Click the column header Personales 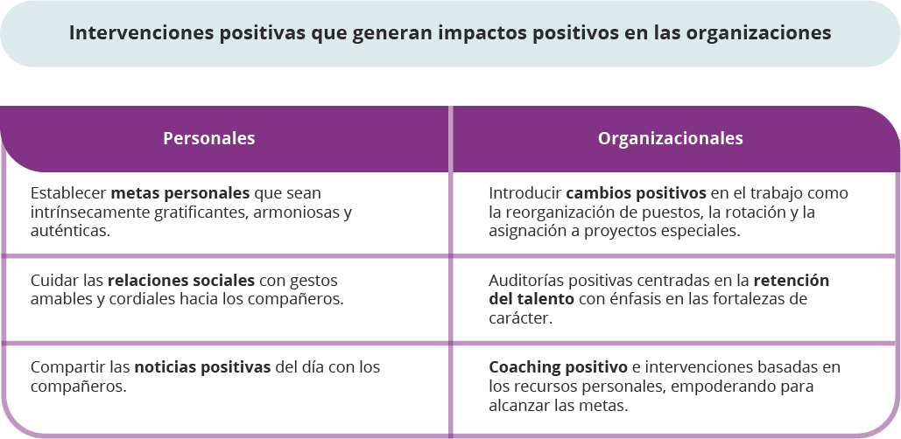coord(209,138)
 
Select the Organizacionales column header coord(671,138)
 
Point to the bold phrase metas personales coord(180,193)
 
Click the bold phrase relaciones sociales coord(181,281)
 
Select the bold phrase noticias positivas coord(202,367)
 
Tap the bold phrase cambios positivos coord(636,193)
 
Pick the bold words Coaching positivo coord(558,367)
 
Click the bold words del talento coord(531,299)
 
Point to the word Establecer coord(68,193)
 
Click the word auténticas coord(70,231)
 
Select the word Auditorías coord(524,281)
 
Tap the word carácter coord(521,318)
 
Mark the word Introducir coord(525,193)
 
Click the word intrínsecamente coord(90,213)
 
